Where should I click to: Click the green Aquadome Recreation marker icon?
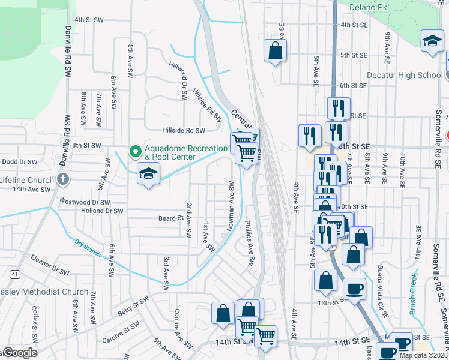(x=135, y=151)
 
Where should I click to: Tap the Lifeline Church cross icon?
(x=62, y=179)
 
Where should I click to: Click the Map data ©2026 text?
(x=424, y=355)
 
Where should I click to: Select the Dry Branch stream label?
(x=88, y=248)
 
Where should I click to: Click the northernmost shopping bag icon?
(x=275, y=50)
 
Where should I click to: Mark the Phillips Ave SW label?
(x=250, y=244)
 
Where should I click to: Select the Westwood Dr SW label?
(x=83, y=202)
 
